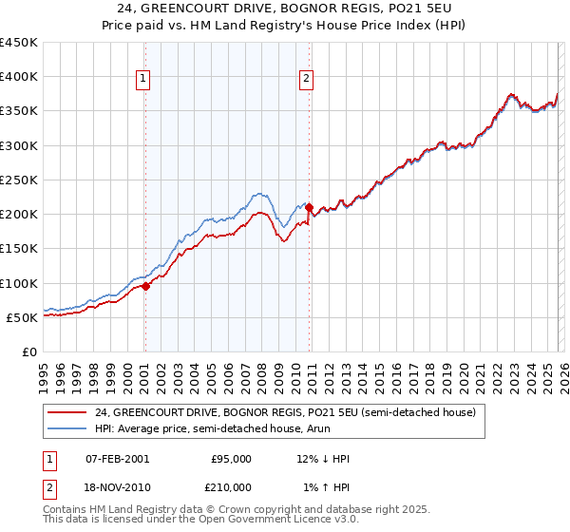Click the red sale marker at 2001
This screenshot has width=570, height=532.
pyautogui.click(x=145, y=286)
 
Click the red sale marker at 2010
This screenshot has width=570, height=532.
pyautogui.click(x=310, y=206)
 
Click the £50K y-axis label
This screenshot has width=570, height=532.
pyautogui.click(x=23, y=317)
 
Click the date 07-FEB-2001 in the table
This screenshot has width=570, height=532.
pyautogui.click(x=117, y=459)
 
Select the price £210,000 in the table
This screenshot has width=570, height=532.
pyautogui.click(x=231, y=486)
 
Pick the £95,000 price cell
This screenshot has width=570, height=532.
pyautogui.click(x=231, y=459)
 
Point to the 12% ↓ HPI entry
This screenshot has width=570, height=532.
pyautogui.click(x=323, y=459)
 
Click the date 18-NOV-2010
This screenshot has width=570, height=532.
pyautogui.click(x=117, y=486)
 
